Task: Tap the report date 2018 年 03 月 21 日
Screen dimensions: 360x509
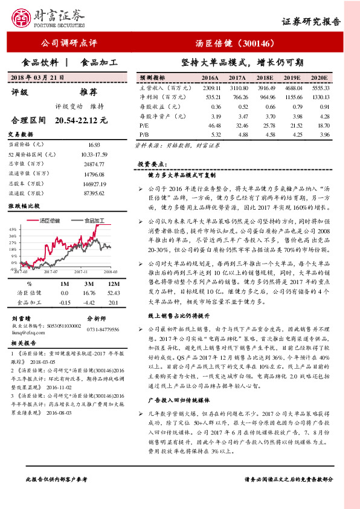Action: (x=37, y=78)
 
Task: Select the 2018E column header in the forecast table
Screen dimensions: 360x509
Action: (x=264, y=78)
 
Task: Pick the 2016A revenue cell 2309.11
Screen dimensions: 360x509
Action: (x=210, y=88)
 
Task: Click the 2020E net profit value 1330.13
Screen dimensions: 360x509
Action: (x=320, y=97)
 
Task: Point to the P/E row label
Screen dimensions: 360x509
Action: (x=144, y=125)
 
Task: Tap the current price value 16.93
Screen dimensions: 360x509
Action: (x=94, y=145)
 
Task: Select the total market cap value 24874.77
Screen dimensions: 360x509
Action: (x=94, y=163)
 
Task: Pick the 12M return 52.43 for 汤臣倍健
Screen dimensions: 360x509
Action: (x=95, y=292)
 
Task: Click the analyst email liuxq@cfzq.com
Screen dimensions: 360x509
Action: (x=28, y=332)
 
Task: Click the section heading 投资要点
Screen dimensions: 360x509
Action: (x=150, y=164)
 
